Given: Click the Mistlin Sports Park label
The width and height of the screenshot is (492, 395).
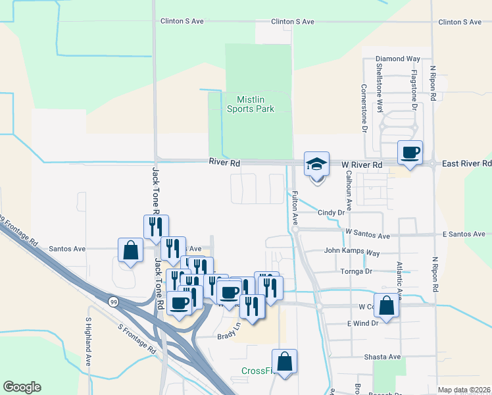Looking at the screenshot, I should coord(251,104).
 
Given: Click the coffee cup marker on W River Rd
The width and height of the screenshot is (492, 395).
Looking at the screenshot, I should coord(410,153).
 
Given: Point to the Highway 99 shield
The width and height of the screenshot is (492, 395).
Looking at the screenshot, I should coord(112,301).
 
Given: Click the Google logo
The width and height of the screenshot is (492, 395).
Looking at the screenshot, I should coord(22,387).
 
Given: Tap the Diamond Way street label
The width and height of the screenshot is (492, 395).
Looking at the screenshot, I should coord(398,59).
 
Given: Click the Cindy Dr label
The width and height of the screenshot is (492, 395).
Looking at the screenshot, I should coord(332,213).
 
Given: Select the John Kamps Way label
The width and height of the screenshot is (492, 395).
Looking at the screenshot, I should coord(352,252).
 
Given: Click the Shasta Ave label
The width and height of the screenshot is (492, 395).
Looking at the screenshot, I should coord(382,357).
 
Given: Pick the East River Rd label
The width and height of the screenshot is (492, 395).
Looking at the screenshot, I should coord(466,163).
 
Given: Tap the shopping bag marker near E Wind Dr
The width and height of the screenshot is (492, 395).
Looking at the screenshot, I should coord(388,306).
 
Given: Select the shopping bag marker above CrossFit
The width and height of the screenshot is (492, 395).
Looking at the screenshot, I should coord(284,361).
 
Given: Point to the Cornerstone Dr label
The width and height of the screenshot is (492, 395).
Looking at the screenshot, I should coord(363,108).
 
